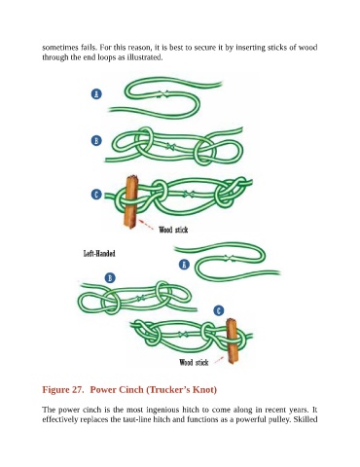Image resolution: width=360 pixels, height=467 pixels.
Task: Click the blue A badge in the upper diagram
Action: pyautogui.click(x=96, y=94)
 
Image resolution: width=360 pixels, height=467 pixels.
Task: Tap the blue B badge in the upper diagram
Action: pyautogui.click(x=96, y=141)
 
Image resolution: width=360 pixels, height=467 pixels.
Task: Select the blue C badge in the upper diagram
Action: pyautogui.click(x=96, y=195)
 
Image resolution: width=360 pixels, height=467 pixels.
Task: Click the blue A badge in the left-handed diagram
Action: pyautogui.click(x=184, y=265)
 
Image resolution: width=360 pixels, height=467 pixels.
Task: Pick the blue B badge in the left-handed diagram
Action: pyautogui.click(x=110, y=278)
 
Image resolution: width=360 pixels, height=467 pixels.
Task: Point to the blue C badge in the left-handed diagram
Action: pyautogui.click(x=219, y=310)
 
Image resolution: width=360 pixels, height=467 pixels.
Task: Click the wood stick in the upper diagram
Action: pyautogui.click(x=131, y=201)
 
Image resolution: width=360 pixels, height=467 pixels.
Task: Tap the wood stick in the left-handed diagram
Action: pyautogui.click(x=233, y=341)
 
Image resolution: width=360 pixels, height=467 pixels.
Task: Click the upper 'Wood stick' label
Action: pyautogui.click(x=173, y=230)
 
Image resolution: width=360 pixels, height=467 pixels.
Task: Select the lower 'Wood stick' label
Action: pyautogui.click(x=194, y=362)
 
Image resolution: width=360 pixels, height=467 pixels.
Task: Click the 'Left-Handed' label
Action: pyautogui.click(x=99, y=253)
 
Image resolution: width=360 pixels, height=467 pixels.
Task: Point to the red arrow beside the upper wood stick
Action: pyautogui.click(x=146, y=225)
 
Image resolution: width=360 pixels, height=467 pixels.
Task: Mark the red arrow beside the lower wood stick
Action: pyautogui.click(x=219, y=360)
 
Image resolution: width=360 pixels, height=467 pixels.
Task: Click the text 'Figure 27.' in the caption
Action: pyautogui.click(x=63, y=389)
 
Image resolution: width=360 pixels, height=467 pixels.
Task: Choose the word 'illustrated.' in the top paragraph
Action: pyautogui.click(x=144, y=57)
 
